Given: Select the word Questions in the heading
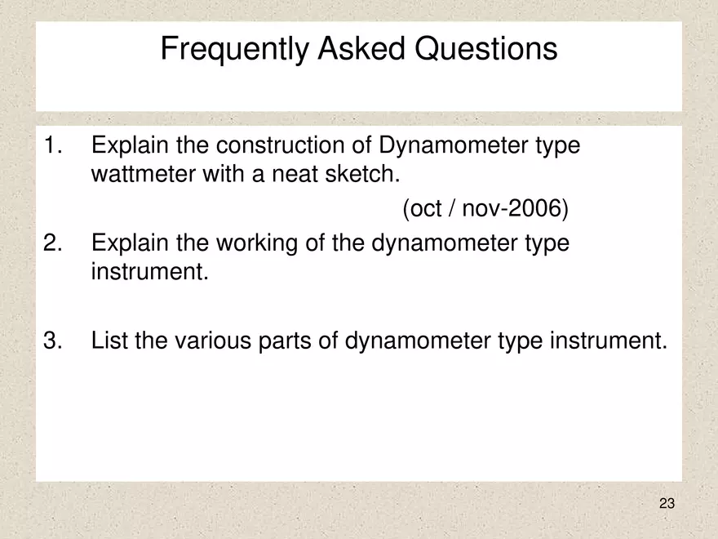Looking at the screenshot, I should [x=487, y=50].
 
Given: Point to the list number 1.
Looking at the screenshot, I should [x=53, y=147].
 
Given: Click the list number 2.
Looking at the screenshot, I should [x=53, y=243].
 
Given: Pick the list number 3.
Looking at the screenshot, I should [x=53, y=340].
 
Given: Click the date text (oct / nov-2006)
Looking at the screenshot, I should [x=485, y=210].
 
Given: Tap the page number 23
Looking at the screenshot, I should [x=667, y=504].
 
